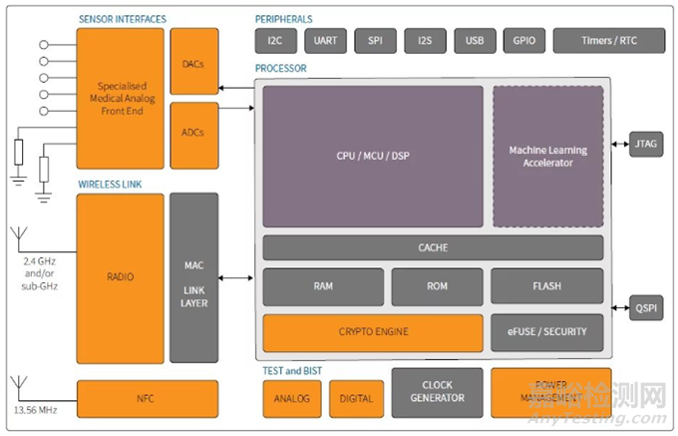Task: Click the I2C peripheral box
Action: pyautogui.click(x=276, y=41)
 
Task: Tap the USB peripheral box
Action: pyautogui.click(x=475, y=41)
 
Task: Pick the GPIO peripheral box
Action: pyautogui.click(x=524, y=41)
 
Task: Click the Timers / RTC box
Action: pyautogui.click(x=608, y=41)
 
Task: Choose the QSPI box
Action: pyautogui.click(x=646, y=308)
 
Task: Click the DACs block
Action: pyautogui.click(x=193, y=62)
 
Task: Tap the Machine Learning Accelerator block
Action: pyautogui.click(x=547, y=156)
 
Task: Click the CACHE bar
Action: pyautogui.click(x=433, y=247)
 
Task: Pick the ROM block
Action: pyautogui.click(x=437, y=286)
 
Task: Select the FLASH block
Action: pyautogui.click(x=546, y=286)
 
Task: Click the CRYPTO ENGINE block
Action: pyautogui.click(x=373, y=332)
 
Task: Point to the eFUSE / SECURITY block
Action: pyautogui.click(x=546, y=332)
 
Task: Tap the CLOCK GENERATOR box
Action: pyautogui.click(x=437, y=391)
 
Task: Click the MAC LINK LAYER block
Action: pyautogui.click(x=193, y=277)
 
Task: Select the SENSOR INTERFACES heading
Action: pyautogui.click(x=123, y=19)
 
